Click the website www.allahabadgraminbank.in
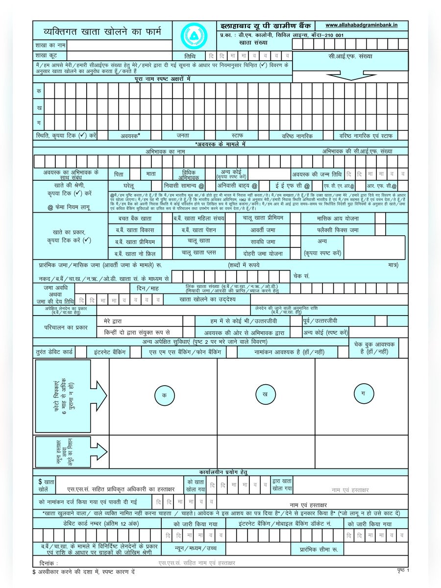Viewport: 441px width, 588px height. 361,25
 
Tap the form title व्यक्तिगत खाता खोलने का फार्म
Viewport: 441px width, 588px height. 102,33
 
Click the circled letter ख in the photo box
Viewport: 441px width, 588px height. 266,394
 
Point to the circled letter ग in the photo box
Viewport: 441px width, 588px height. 363,393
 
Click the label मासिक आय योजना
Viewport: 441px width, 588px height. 338,218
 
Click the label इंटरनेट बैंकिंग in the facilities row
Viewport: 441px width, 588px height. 109,352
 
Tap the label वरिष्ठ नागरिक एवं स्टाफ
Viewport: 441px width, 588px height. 366,135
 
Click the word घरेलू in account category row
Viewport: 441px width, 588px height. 129,186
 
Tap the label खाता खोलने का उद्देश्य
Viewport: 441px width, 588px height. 208,298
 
